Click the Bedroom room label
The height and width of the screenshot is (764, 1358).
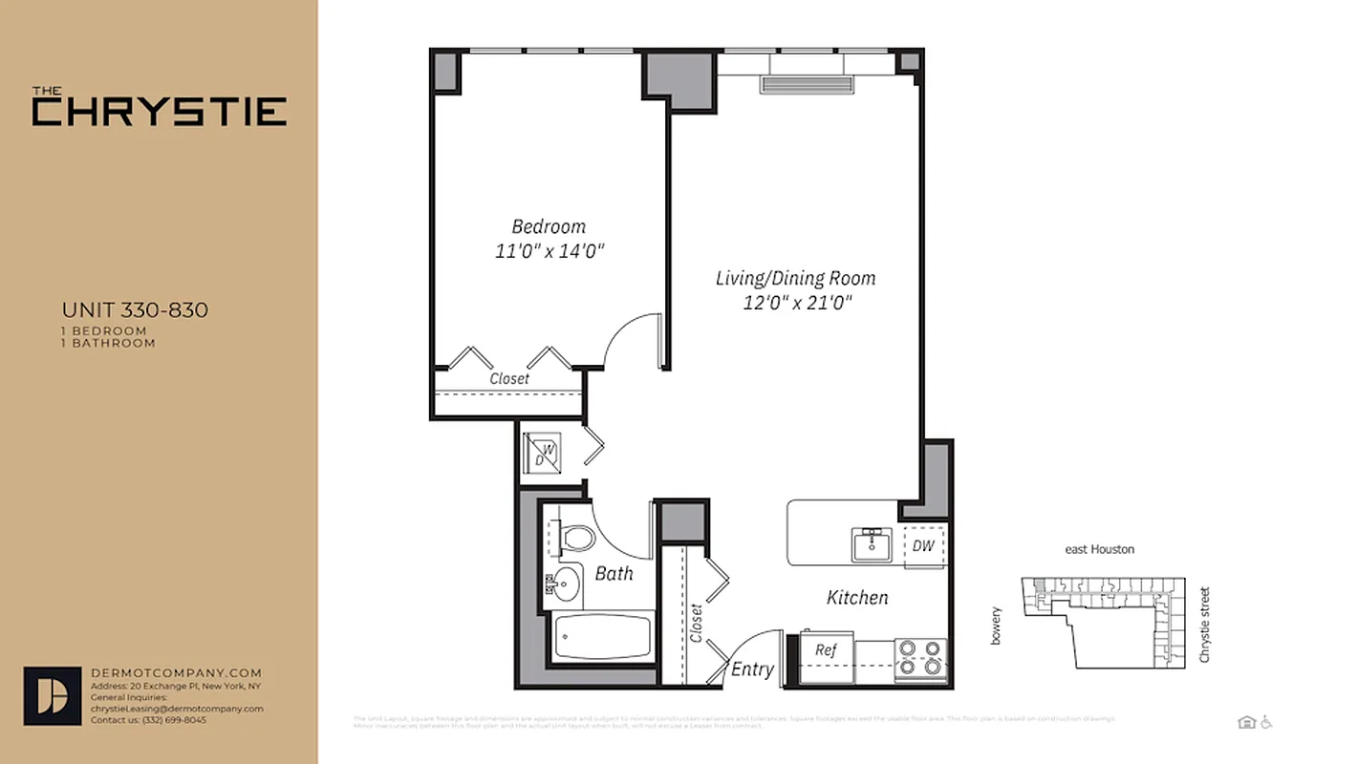(x=549, y=226)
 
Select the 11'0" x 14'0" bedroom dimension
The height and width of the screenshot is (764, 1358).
(x=549, y=251)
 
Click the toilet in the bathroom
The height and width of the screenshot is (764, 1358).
(x=576, y=539)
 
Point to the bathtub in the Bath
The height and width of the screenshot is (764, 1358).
(x=603, y=636)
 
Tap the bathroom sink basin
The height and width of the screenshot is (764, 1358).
(x=567, y=582)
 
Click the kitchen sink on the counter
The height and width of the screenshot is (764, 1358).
(x=871, y=545)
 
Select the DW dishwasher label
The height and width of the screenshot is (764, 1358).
(x=923, y=546)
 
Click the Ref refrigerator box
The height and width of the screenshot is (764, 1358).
(x=826, y=650)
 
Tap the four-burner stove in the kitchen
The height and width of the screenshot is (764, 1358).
(x=920, y=658)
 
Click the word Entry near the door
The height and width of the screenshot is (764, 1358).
(x=752, y=669)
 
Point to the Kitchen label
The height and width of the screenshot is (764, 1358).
(x=857, y=598)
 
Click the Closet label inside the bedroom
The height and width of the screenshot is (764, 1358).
(x=509, y=379)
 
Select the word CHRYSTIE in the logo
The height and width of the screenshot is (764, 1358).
(x=160, y=112)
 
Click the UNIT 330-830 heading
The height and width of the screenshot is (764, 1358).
(x=135, y=310)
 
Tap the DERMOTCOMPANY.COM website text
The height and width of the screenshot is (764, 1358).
(x=176, y=673)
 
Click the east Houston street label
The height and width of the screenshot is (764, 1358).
(x=1100, y=550)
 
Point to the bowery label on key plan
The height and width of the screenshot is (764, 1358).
(x=996, y=626)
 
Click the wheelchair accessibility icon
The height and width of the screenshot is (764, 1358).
(x=1268, y=722)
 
